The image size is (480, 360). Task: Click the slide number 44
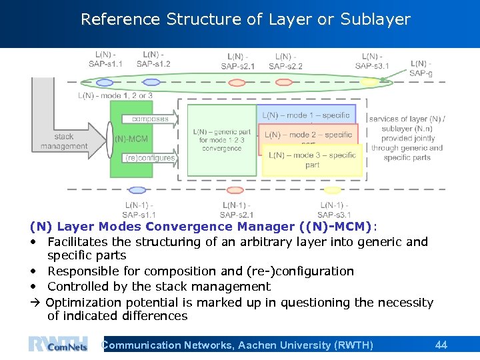pyautogui.click(x=441, y=345)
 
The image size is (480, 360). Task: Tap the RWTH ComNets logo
pyautogui.click(x=58, y=345)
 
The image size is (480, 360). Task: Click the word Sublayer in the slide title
pyautogui.click(x=375, y=19)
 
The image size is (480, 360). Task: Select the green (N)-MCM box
pyautogui.click(x=131, y=139)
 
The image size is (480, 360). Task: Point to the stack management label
pyautogui.click(x=64, y=141)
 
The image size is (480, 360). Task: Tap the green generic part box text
pyautogui.click(x=222, y=140)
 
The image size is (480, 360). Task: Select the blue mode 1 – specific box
pyautogui.click(x=307, y=115)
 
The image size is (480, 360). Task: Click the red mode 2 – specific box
pyautogui.click(x=308, y=135)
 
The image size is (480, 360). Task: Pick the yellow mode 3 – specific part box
pyautogui.click(x=312, y=160)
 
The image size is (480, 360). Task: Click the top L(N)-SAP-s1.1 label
pyautogui.click(x=105, y=59)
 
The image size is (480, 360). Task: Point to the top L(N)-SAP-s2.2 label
pyautogui.click(x=285, y=61)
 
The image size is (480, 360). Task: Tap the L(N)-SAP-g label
pyautogui.click(x=421, y=68)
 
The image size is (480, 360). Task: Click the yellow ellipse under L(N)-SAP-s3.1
pyautogui.click(x=368, y=83)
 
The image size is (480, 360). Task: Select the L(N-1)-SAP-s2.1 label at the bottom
pyautogui.click(x=237, y=209)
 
